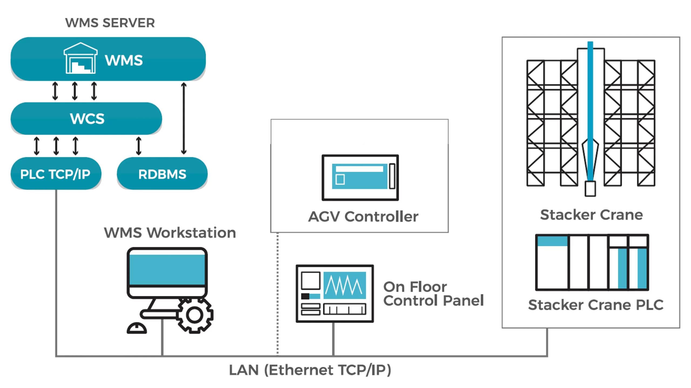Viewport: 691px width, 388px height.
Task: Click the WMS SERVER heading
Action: (x=110, y=23)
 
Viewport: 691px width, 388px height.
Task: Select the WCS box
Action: (x=86, y=118)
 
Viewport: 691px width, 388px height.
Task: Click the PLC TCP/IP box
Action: (x=56, y=174)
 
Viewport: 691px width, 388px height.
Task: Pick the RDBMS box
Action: (x=162, y=174)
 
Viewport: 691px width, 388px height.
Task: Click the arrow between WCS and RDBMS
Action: (x=139, y=146)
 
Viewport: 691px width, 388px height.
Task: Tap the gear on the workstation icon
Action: (x=195, y=315)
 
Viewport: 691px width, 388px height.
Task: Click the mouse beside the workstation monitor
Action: (x=137, y=328)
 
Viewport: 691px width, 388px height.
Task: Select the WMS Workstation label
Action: (x=170, y=233)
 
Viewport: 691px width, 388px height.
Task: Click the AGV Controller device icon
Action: (x=360, y=178)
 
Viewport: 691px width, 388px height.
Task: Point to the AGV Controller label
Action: (x=363, y=217)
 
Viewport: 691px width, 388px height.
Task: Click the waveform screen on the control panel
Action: (x=345, y=285)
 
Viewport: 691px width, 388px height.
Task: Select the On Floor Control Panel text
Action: (x=433, y=294)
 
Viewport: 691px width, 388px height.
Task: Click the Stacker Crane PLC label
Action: (x=596, y=305)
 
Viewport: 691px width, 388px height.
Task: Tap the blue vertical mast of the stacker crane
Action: (x=590, y=108)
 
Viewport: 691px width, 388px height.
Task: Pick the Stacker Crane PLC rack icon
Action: (x=592, y=262)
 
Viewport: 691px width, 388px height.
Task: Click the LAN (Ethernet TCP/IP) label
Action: (x=310, y=370)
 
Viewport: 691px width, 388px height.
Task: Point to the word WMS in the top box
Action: (x=124, y=60)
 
